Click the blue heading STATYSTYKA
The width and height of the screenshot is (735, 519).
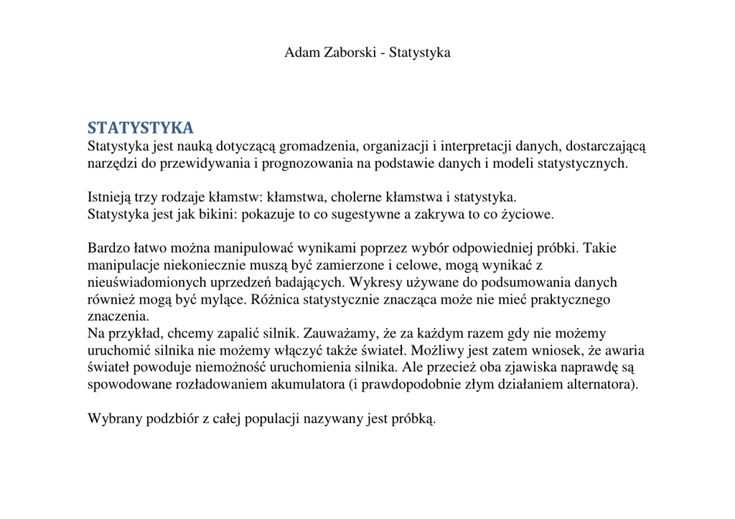[141, 128]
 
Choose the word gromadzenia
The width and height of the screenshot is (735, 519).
[313, 146]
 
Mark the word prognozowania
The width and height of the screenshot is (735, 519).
[314, 164]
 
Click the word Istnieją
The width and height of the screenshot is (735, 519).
[111, 197]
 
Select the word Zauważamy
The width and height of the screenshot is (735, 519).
[347, 333]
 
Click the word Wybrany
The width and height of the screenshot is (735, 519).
[113, 419]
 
